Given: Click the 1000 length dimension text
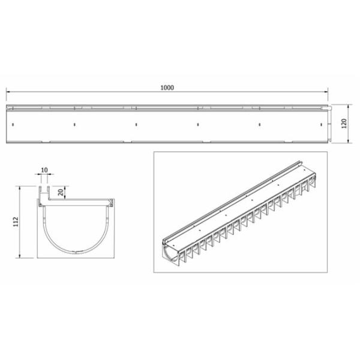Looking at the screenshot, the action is tap(167, 88).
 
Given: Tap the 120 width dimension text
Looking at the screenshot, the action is tap(344, 124).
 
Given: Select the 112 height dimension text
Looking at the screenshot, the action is tap(16, 221).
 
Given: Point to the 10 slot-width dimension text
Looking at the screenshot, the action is tap(44, 170).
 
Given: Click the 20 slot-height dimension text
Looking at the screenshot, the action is tap(61, 193).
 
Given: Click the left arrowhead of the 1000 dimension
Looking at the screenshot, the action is tap(8, 92).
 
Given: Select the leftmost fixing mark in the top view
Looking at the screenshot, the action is tap(13, 124).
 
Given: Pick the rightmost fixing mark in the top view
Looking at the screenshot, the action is tap(321, 124).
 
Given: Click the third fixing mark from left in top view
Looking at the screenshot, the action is tap(136, 124).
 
